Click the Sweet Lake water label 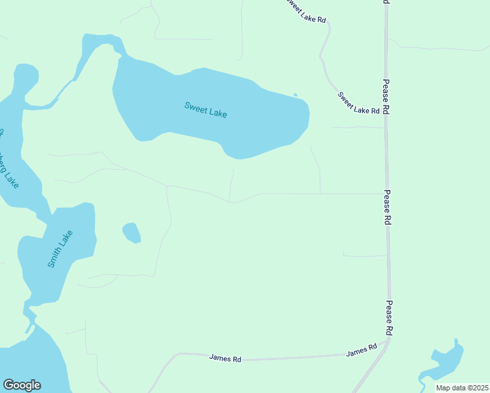(x=206, y=109)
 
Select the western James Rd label (x=225, y=358)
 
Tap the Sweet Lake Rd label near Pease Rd (x=359, y=103)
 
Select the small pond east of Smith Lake (x=132, y=232)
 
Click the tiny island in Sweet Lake (x=295, y=95)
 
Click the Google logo (x=22, y=385)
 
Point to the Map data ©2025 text (x=462, y=388)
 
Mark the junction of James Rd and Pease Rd (x=389, y=339)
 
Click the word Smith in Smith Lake (x=55, y=257)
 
